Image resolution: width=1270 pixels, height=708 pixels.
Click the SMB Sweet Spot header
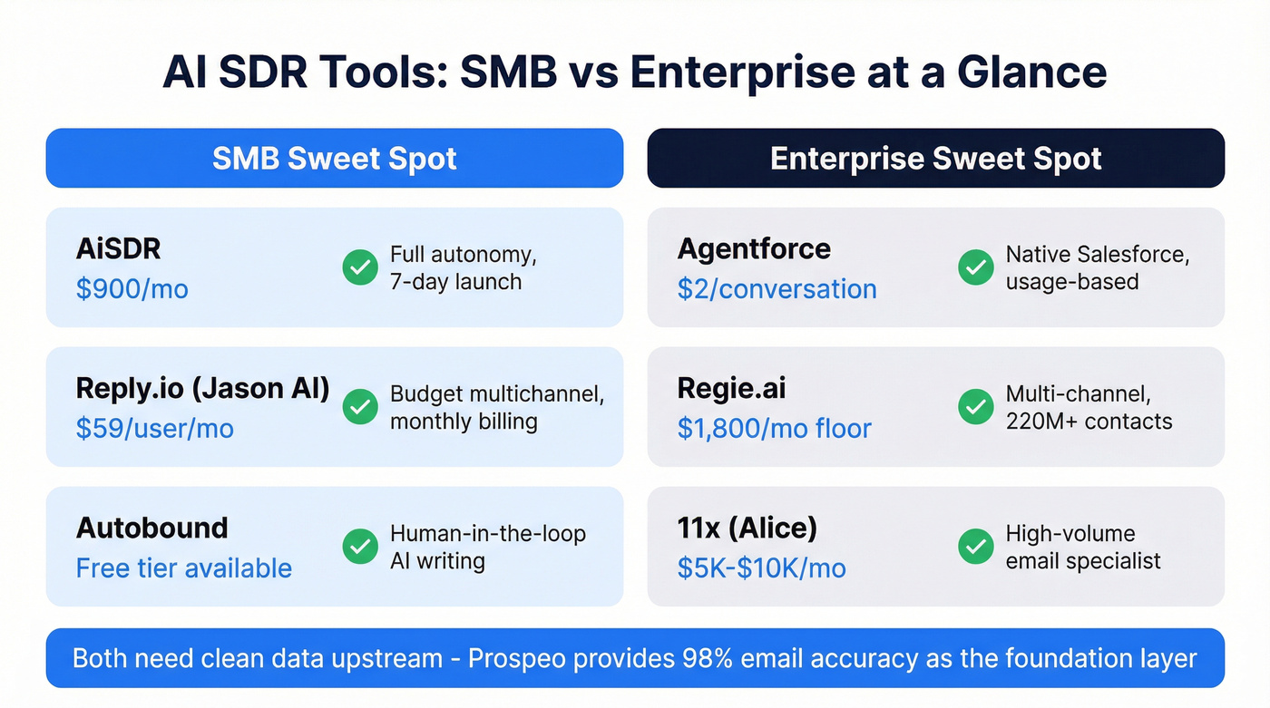point(334,159)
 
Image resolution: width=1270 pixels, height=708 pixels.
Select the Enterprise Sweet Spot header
point(935,159)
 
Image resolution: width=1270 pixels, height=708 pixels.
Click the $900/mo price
point(132,289)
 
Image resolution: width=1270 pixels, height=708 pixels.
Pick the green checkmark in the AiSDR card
point(360,267)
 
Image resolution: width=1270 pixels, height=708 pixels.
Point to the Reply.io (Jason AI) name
point(202,388)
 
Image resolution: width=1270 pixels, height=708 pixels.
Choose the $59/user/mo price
point(154,428)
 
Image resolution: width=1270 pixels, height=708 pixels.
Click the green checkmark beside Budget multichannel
point(360,407)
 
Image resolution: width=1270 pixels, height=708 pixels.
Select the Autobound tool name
point(151,528)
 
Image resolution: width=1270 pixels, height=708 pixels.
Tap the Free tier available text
point(183,568)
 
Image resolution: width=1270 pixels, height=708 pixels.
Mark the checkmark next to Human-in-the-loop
point(360,547)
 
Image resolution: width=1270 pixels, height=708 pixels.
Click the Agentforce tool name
point(754,249)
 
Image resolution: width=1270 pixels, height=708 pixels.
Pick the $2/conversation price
point(777,289)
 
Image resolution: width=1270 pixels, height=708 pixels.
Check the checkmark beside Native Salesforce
point(976,267)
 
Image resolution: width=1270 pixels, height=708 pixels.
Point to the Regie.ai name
point(731,388)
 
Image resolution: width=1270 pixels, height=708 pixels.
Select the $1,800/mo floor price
point(774,428)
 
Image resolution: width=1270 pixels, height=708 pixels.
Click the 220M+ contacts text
point(1089,422)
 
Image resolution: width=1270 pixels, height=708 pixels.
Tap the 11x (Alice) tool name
point(747,528)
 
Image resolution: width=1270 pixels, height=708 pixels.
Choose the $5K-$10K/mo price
point(761,568)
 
